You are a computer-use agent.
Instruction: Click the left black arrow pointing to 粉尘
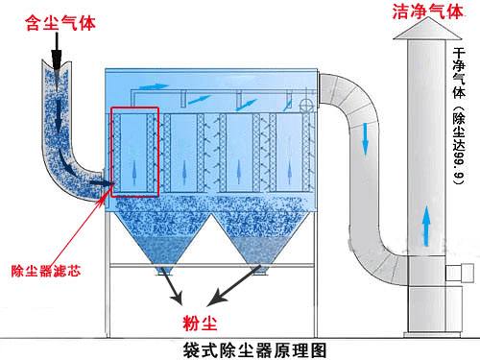point(172,287)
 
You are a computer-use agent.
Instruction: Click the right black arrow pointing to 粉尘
point(231,288)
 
